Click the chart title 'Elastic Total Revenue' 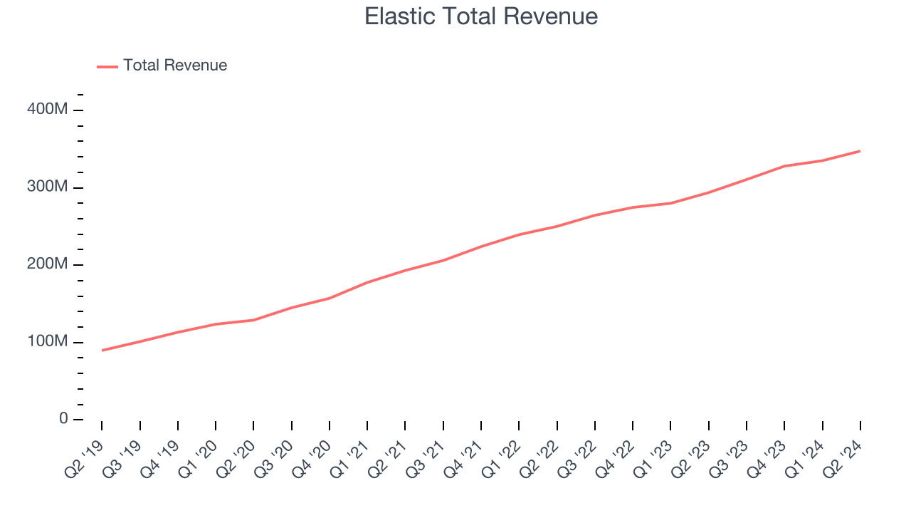pyautogui.click(x=481, y=16)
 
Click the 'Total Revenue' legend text pyautogui.click(x=175, y=66)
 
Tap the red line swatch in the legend pyautogui.click(x=107, y=66)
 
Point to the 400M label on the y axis pyautogui.click(x=48, y=110)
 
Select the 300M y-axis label pyautogui.click(x=48, y=187)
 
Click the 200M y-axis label pyautogui.click(x=48, y=264)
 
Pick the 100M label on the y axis pyautogui.click(x=48, y=342)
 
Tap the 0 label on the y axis pyautogui.click(x=63, y=419)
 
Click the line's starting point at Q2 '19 pyautogui.click(x=102, y=351)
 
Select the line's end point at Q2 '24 pyautogui.click(x=860, y=151)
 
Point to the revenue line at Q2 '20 pyautogui.click(x=253, y=320)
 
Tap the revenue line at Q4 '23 pyautogui.click(x=784, y=166)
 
